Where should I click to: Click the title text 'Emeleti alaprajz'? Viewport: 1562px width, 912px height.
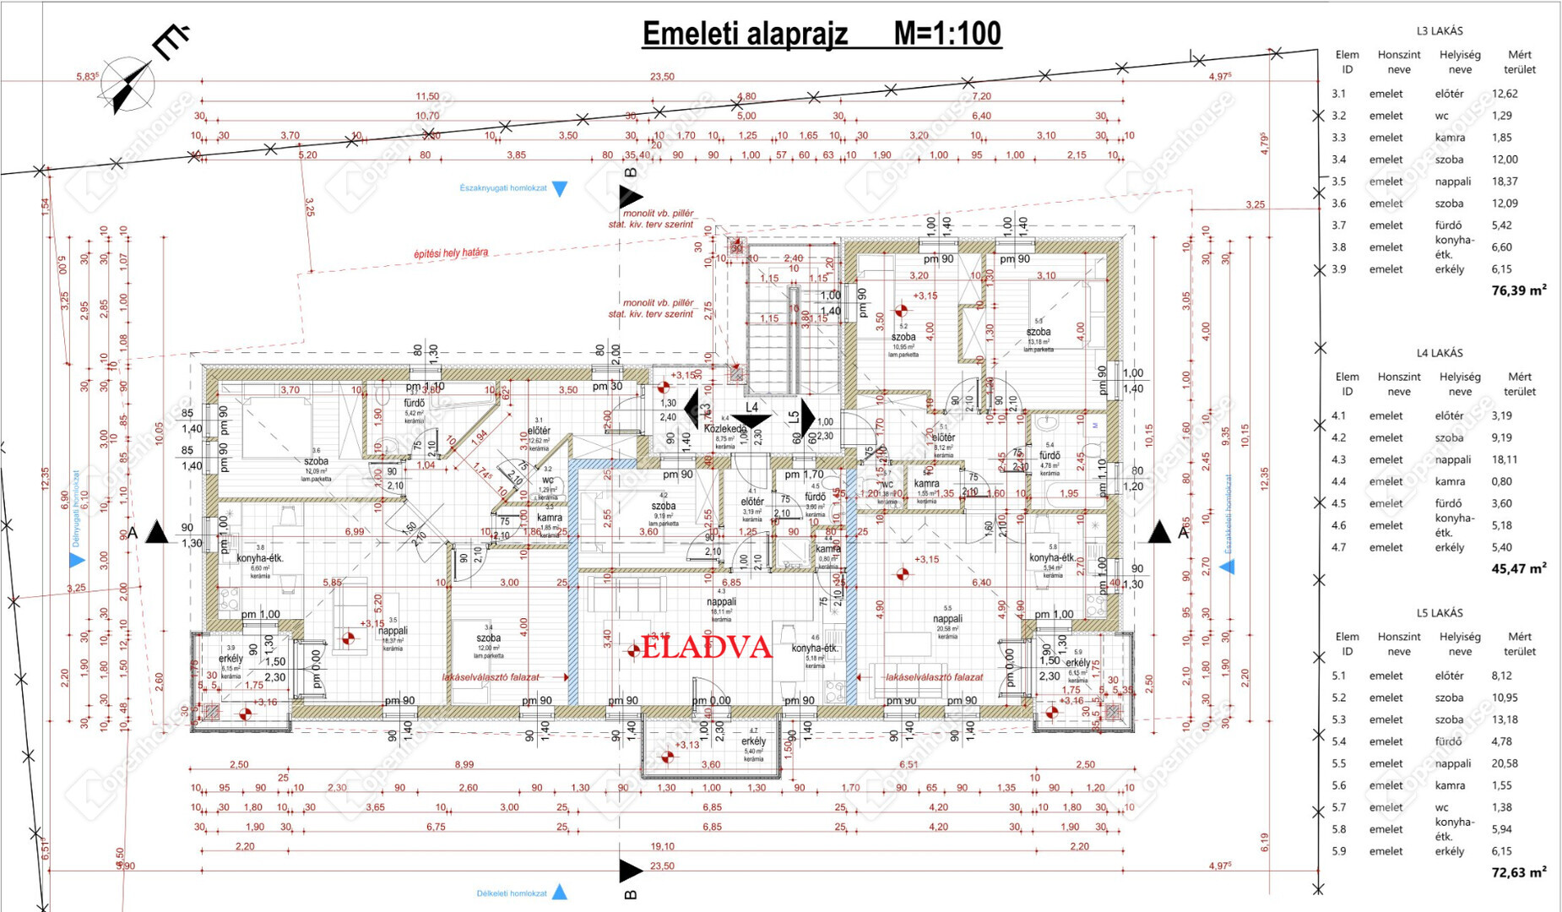click(745, 35)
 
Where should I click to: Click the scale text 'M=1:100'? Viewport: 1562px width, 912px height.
click(947, 35)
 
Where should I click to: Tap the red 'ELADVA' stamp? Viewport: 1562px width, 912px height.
click(707, 648)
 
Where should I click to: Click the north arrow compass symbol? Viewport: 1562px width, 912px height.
click(128, 85)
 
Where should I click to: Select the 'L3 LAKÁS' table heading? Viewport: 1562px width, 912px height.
click(1440, 31)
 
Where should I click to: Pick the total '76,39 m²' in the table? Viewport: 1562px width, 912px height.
click(1518, 290)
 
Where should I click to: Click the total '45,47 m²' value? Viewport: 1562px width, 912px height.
click(1518, 568)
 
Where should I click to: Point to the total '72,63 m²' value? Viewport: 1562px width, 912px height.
click(1518, 872)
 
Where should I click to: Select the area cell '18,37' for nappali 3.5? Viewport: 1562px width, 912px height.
click(1505, 182)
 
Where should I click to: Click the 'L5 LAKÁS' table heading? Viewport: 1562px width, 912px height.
click(1440, 613)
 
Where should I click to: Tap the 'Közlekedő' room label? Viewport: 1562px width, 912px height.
click(725, 429)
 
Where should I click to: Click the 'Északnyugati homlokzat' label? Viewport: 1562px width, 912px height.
click(503, 188)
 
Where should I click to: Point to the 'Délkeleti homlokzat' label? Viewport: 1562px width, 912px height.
click(512, 893)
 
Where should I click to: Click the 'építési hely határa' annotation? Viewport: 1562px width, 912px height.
click(450, 252)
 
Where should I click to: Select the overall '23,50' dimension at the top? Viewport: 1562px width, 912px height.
click(662, 77)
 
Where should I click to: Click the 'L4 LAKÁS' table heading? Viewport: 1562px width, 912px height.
click(1440, 353)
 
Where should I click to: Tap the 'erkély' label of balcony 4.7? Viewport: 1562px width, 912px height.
click(753, 741)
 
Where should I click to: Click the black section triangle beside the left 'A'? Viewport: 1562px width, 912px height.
click(157, 533)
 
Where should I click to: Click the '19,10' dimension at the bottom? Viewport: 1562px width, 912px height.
click(662, 846)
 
